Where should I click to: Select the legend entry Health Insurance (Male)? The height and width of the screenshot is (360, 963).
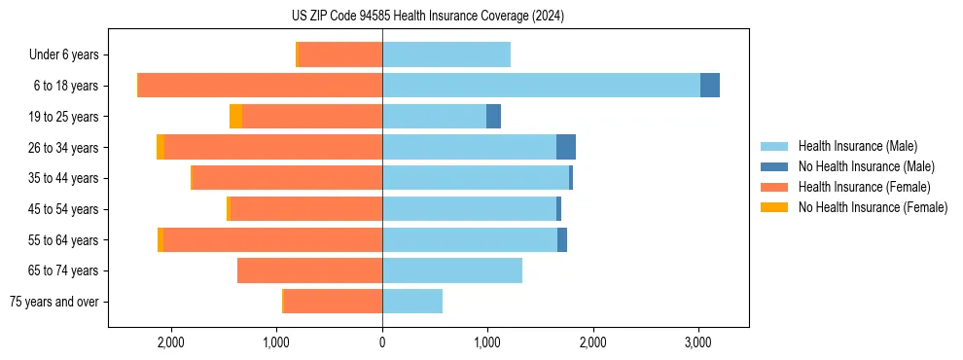tap(851, 147)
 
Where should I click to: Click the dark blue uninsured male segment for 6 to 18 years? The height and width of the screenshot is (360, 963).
tap(710, 86)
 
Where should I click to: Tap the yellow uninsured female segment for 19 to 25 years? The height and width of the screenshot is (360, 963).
tap(235, 117)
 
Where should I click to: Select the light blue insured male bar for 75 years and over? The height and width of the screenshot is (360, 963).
tap(412, 302)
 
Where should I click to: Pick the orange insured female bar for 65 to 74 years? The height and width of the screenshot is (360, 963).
tap(309, 270)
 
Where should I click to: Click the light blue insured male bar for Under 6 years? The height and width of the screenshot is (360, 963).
tap(446, 55)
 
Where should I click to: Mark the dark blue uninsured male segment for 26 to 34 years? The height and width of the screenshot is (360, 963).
tap(566, 147)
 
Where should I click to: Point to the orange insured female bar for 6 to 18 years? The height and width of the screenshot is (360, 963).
tap(260, 86)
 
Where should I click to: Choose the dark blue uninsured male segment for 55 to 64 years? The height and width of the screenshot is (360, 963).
tap(562, 239)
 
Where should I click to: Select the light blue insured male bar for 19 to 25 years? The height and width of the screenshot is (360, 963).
tap(434, 117)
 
